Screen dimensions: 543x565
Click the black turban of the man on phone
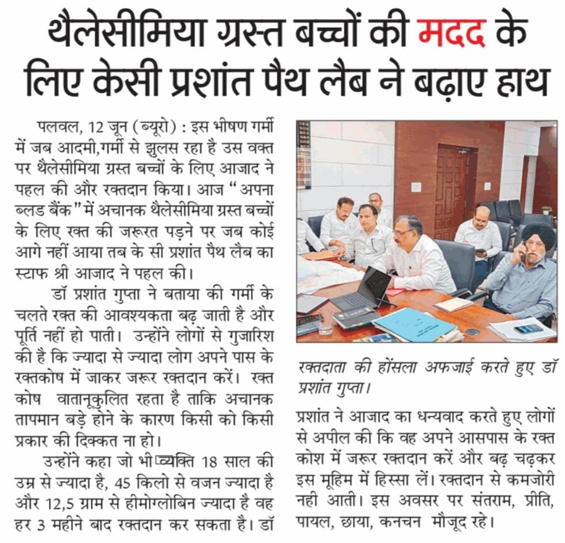coord(538,235)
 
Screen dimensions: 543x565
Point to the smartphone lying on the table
coord(527,329)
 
